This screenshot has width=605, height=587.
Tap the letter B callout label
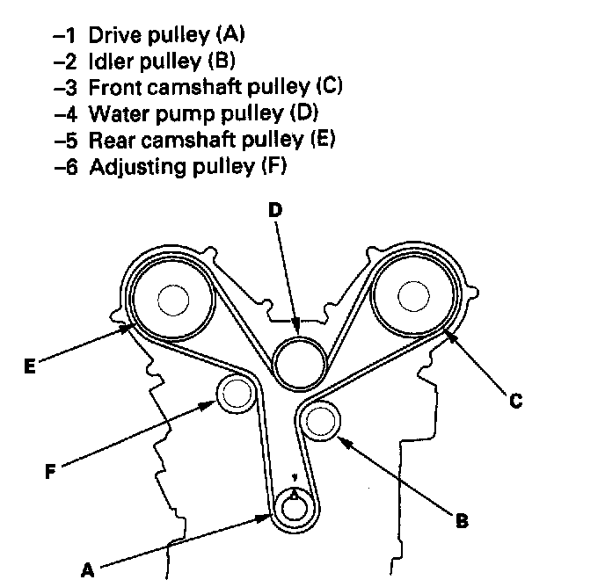[x=460, y=522]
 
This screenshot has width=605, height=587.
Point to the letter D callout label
[x=275, y=211]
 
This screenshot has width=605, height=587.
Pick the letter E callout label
[x=29, y=363]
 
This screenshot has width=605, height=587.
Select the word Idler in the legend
[x=106, y=62]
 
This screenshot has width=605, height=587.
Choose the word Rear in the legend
[x=107, y=140]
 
